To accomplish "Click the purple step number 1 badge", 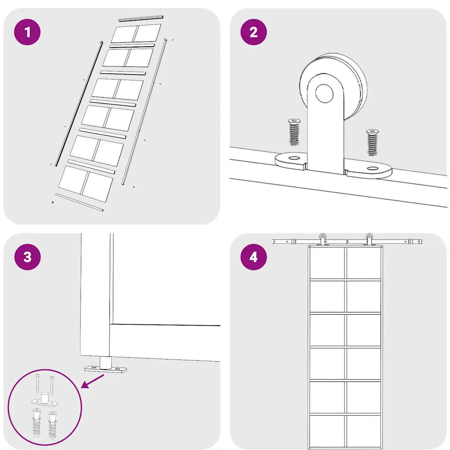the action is click(x=27, y=32).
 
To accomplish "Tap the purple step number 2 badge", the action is click(x=254, y=32).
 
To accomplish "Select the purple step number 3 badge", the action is click(x=27, y=257).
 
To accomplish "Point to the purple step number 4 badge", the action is click(x=254, y=257).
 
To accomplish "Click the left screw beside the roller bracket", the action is click(x=294, y=132).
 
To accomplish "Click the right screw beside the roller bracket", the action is click(x=373, y=142).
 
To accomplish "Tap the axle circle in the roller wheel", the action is click(x=324, y=93).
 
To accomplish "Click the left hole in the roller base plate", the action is click(x=294, y=158).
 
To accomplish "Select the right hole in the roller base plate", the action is click(x=373, y=168).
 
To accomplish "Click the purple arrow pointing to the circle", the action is click(x=93, y=381).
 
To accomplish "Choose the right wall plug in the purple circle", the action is click(x=53, y=425).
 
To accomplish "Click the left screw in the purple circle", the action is click(x=38, y=383).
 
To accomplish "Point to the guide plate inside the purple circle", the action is click(x=44, y=400).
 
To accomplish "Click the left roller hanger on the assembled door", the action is click(x=323, y=240).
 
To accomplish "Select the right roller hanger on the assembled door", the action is click(x=369, y=240).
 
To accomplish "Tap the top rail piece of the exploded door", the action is click(x=141, y=18).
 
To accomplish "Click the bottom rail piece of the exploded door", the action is click(x=80, y=202).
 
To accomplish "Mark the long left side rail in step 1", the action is click(x=79, y=104).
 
